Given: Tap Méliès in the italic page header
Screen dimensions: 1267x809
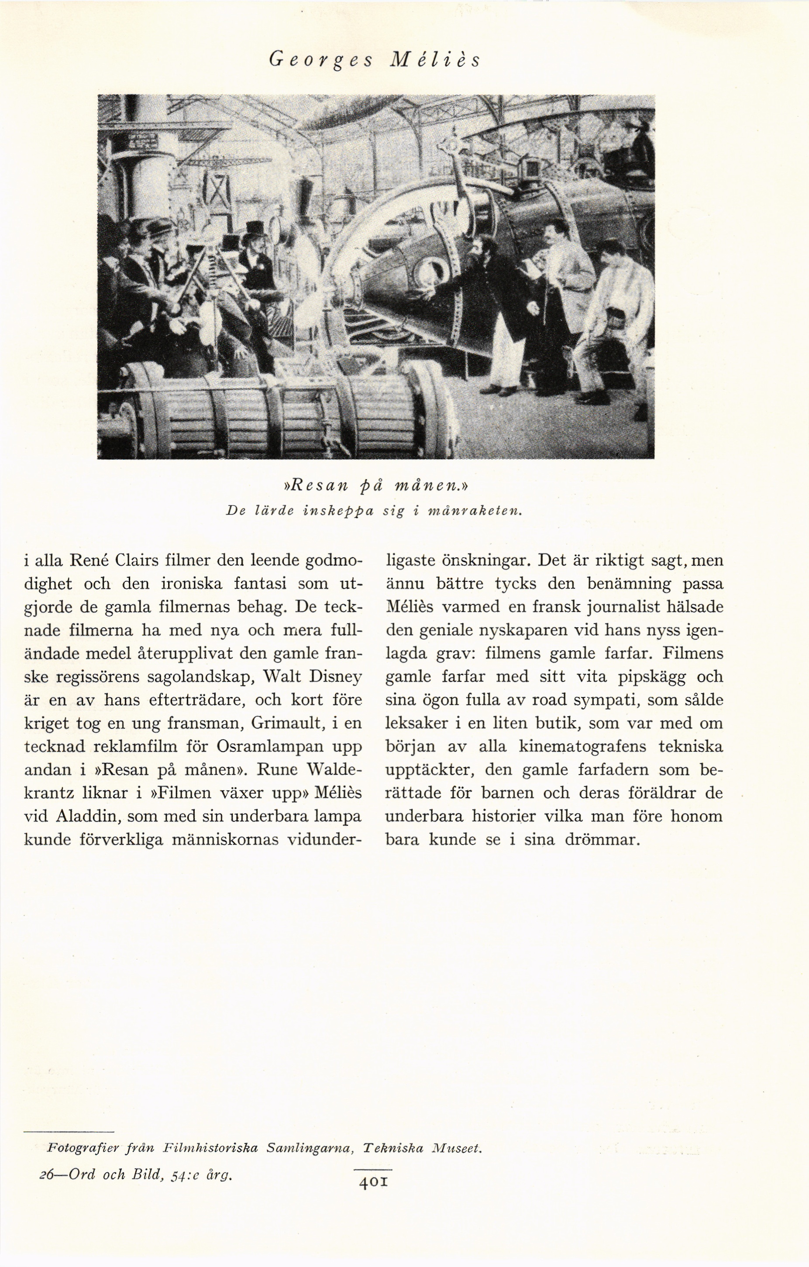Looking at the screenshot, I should tap(435, 60).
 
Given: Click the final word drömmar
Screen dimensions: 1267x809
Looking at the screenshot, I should tap(602, 839).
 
